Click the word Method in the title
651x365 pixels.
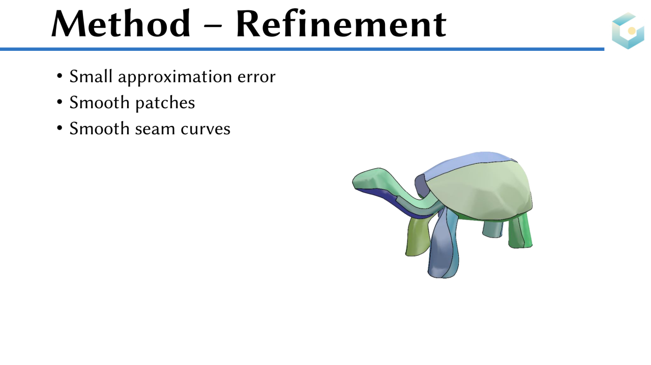[121, 23]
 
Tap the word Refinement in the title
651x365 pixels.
[341, 23]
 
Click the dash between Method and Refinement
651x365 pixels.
[213, 25]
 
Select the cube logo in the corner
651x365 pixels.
[628, 31]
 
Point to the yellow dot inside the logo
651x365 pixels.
[632, 31]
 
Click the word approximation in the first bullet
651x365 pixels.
[175, 77]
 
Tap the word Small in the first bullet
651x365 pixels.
[91, 76]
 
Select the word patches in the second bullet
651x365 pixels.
[165, 103]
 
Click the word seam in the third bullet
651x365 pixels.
[155, 130]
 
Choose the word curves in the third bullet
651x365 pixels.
[205, 129]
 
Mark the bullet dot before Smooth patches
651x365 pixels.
[60, 102]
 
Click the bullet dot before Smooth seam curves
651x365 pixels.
[60, 128]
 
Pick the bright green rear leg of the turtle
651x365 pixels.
[521, 231]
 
